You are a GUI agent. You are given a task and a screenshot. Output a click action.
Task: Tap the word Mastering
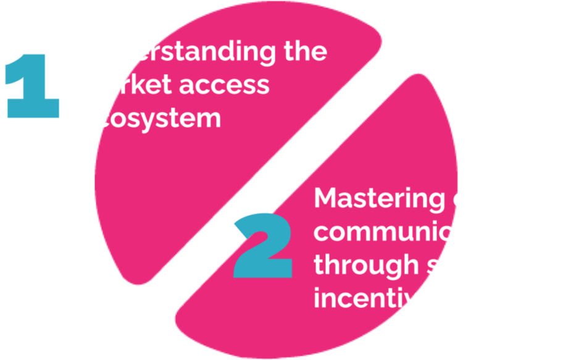pos(379,199)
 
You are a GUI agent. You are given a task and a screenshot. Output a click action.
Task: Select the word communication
pos(417,233)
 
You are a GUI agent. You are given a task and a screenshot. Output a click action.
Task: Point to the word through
pos(367,266)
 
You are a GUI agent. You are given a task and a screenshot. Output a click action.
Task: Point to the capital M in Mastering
pos(327,199)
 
